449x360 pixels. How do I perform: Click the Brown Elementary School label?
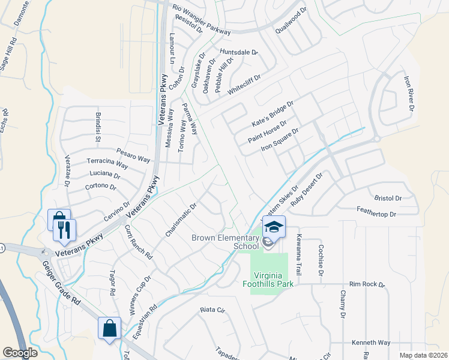[x=225, y=242]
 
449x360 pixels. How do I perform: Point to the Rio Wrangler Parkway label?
[x=201, y=17]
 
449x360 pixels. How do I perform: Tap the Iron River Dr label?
[x=409, y=94]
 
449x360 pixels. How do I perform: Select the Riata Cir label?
[x=212, y=311]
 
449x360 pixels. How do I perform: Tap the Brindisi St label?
[x=97, y=127]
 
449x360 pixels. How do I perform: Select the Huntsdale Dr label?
[x=238, y=53]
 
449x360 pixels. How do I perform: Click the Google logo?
[x=20, y=353]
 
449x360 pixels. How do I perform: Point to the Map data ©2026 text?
[x=423, y=355]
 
